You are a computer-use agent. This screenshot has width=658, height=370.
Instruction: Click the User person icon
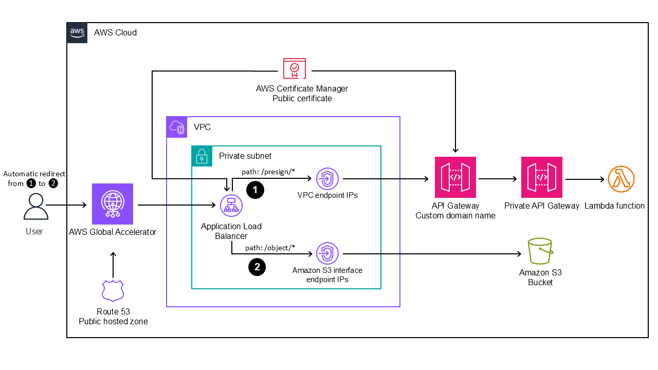coord(34,207)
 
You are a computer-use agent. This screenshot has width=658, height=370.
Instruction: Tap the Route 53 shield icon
coord(113,291)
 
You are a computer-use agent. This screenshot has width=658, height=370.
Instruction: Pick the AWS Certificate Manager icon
coord(294,69)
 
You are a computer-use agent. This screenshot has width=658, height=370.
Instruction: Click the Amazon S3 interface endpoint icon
coord(327,253)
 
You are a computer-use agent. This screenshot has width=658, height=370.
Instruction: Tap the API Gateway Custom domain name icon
coord(455,177)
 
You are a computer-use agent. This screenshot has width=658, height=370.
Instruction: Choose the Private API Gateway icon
coord(541,177)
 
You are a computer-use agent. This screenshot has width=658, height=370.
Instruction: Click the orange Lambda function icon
coord(621,180)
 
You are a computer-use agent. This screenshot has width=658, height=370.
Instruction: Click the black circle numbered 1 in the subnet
coord(255,190)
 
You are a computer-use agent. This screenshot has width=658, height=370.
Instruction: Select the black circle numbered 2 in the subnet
coord(257,267)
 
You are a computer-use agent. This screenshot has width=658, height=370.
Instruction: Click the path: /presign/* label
coord(268,172)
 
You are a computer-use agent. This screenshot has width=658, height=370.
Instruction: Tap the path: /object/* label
coord(270,247)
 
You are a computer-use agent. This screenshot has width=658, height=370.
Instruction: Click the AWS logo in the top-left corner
coord(77,32)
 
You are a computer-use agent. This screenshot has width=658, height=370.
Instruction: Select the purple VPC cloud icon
coord(177,127)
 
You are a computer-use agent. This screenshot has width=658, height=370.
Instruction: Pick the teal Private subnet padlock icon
coord(202,156)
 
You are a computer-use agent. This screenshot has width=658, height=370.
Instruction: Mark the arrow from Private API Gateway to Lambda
coord(585,179)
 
